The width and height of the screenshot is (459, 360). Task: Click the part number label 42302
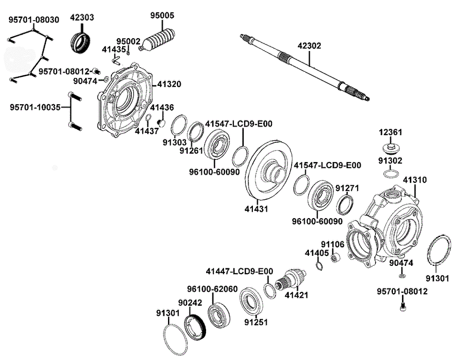(x=309, y=45)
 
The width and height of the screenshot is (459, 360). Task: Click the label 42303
(x=82, y=18)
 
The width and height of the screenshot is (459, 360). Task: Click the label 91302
(x=390, y=161)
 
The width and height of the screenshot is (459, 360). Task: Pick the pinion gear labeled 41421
(x=289, y=278)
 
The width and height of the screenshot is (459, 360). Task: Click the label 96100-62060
(x=212, y=289)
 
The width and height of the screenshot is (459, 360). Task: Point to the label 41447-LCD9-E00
(x=239, y=271)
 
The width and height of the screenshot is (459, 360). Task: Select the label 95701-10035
(x=35, y=107)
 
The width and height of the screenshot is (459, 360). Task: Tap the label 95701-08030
(x=34, y=20)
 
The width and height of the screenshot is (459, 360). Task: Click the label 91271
(x=347, y=188)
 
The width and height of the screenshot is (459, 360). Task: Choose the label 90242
(x=190, y=303)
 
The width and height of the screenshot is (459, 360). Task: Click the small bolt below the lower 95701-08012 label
(x=402, y=306)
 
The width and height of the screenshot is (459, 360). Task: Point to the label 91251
(x=255, y=322)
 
